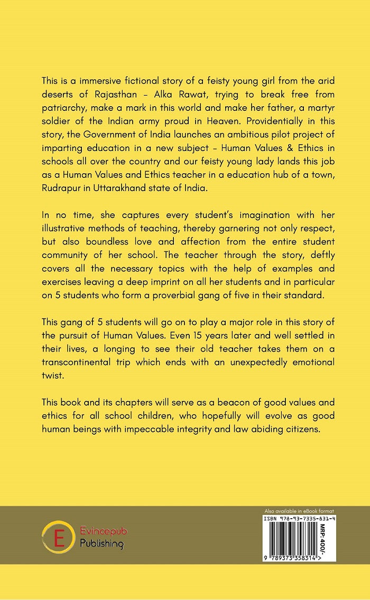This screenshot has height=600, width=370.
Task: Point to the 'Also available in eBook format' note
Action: (x=299, y=511)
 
